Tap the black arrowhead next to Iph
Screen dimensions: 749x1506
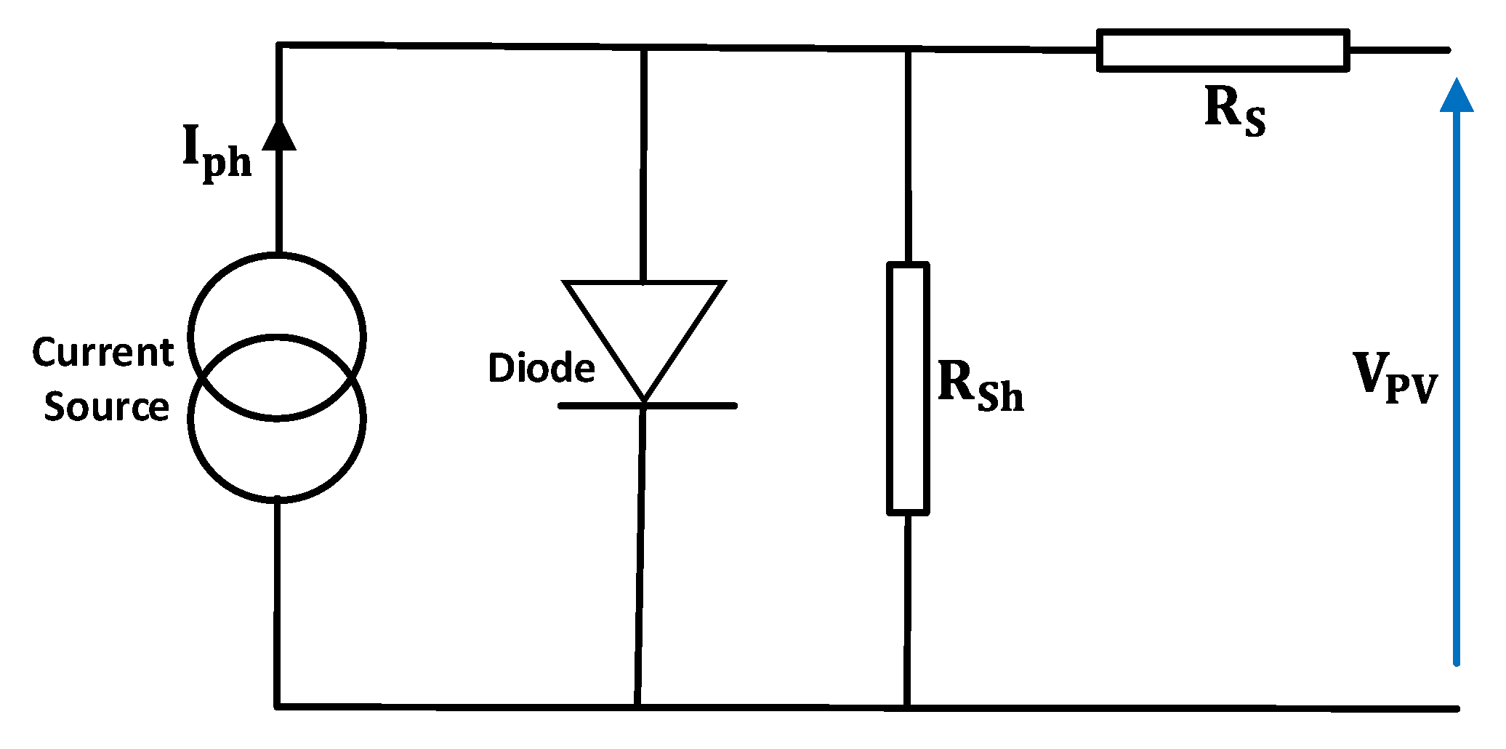click(278, 135)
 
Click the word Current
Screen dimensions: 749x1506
click(102, 353)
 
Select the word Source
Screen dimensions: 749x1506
click(106, 406)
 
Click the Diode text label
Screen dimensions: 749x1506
click(541, 368)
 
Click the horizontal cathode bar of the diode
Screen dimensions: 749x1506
click(647, 406)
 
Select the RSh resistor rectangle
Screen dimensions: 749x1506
click(908, 389)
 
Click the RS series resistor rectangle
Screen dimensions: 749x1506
click(1223, 50)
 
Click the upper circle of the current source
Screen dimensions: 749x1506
click(277, 291)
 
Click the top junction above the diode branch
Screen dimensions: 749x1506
click(643, 48)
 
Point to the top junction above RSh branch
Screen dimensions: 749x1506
click(908, 49)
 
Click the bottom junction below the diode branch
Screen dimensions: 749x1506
click(637, 706)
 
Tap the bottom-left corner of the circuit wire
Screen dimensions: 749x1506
click(277, 706)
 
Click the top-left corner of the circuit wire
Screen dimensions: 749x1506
click(278, 46)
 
